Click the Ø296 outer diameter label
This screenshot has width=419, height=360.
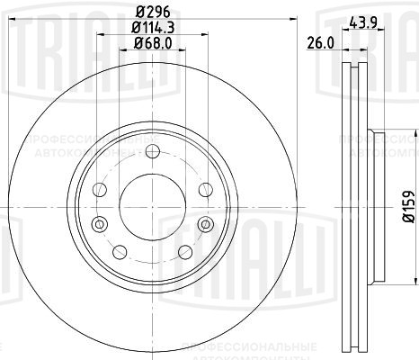pyautogui.click(x=151, y=12)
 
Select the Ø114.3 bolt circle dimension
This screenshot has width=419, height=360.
pyautogui.click(x=151, y=28)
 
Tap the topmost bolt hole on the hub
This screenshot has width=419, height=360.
pyautogui.click(x=150, y=150)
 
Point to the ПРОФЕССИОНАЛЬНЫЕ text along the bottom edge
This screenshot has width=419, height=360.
pyautogui.click(x=261, y=346)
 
